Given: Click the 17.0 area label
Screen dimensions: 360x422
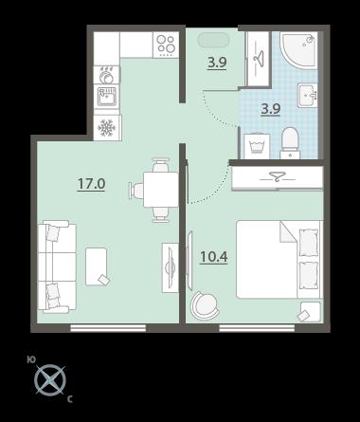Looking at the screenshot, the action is click(92, 184).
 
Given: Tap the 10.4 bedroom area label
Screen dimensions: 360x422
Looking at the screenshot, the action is click(214, 257).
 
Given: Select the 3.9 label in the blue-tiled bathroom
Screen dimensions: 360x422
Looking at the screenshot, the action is click(271, 109).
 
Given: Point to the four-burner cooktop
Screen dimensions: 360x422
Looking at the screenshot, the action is click(166, 45).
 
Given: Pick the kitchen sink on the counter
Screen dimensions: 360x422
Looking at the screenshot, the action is click(107, 96).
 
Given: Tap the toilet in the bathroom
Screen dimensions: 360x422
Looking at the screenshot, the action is click(290, 142).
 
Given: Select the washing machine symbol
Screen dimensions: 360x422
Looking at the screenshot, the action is click(257, 146).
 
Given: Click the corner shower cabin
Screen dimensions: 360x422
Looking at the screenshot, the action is click(298, 49).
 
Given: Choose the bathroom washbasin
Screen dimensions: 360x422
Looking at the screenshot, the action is click(307, 95).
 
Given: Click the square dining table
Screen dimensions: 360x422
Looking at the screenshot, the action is click(161, 190).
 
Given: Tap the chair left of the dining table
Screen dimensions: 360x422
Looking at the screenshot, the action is click(136, 190).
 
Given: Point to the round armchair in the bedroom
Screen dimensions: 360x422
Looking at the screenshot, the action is click(205, 305).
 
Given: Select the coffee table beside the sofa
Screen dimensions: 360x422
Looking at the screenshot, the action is click(96, 266).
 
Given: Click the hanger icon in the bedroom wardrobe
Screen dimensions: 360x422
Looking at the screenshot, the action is click(277, 176).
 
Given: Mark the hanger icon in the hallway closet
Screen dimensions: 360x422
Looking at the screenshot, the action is click(259, 59).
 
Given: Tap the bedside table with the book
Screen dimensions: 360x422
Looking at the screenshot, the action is click(310, 311).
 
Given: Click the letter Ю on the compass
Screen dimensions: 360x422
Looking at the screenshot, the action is click(31, 359).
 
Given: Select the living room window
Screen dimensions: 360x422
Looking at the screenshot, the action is click(108, 328).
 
